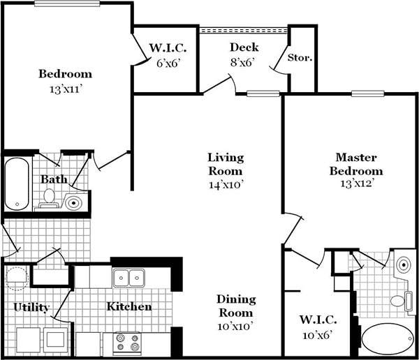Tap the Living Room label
coord(225,164)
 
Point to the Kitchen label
coord(129,306)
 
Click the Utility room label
coord(31,307)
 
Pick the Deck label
coord(244,47)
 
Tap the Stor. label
coord(300,57)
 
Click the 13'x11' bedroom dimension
coord(65,89)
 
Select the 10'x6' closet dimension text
coord(318,336)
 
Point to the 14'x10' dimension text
coord(225,185)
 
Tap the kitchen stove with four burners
coord(127,343)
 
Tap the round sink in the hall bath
coord(74,203)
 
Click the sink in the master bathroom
coord(403,266)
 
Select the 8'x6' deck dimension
coord(244,61)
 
